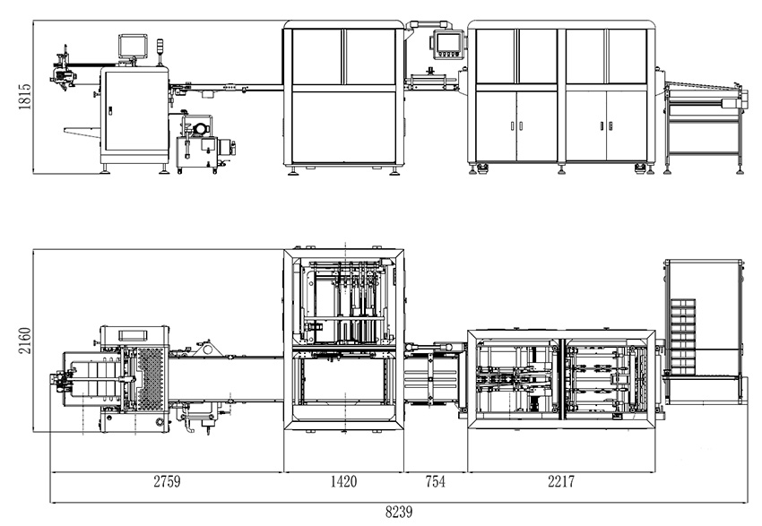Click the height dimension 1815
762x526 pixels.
25,97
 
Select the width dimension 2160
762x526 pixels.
25,341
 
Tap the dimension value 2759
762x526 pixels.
167,481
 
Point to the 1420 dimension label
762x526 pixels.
343,481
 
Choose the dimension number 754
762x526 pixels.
435,481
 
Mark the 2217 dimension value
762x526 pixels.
561,481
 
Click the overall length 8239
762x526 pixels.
399,512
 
